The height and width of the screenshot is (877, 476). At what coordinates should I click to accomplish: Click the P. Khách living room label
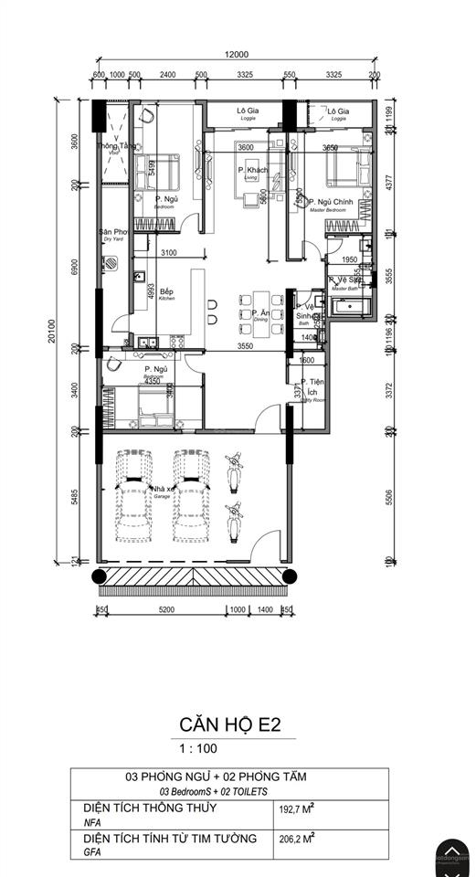point(253,172)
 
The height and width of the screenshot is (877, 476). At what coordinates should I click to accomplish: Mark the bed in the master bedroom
point(344,170)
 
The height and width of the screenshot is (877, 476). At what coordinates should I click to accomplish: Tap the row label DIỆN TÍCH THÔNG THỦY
point(141,808)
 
